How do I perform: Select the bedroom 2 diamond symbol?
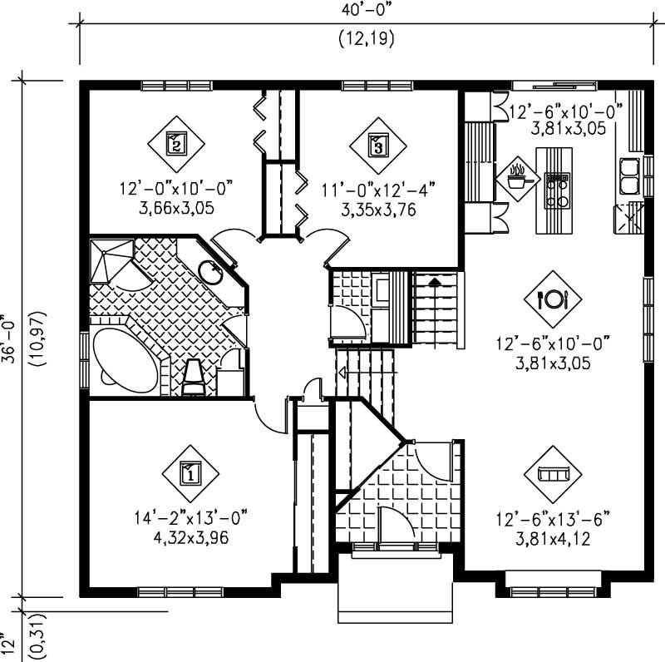tap(176, 143)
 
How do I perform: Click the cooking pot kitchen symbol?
tap(519, 177)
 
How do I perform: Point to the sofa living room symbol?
tap(551, 473)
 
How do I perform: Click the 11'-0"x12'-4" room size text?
tap(378, 190)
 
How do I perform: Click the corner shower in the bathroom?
tap(110, 259)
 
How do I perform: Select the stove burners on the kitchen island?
tap(556, 189)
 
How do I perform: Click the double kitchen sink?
tap(630, 175)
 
